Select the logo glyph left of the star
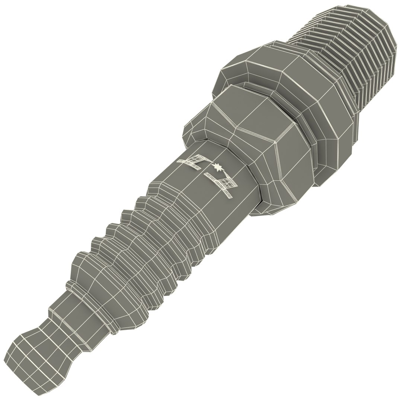[193, 161]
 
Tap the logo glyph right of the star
[223, 184]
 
